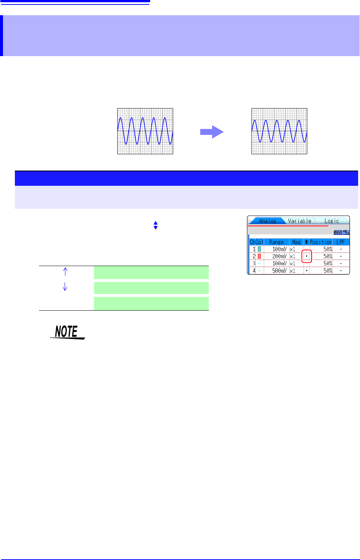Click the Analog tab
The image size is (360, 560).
click(x=267, y=221)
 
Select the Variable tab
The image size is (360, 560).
click(x=299, y=221)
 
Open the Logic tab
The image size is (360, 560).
click(x=331, y=221)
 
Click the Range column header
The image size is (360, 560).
click(x=276, y=242)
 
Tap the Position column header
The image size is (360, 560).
click(x=321, y=242)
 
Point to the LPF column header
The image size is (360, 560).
click(x=341, y=242)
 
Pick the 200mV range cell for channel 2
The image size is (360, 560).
click(x=279, y=256)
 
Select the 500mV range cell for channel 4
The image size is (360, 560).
click(x=279, y=271)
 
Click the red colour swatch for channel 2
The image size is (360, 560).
click(x=259, y=256)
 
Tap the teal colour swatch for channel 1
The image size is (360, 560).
click(x=259, y=249)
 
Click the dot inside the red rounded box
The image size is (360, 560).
click(x=307, y=256)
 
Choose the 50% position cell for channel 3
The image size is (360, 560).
click(x=327, y=263)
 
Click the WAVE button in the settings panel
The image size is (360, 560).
click(x=338, y=233)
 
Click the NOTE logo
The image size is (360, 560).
click(x=67, y=332)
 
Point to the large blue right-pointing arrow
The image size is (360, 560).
click(x=212, y=132)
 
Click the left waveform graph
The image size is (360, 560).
click(x=145, y=131)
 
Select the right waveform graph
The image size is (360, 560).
click(x=279, y=131)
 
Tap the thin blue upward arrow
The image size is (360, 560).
click(x=65, y=272)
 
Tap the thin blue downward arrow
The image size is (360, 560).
click(x=65, y=287)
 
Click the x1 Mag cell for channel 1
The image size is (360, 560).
click(x=293, y=249)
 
